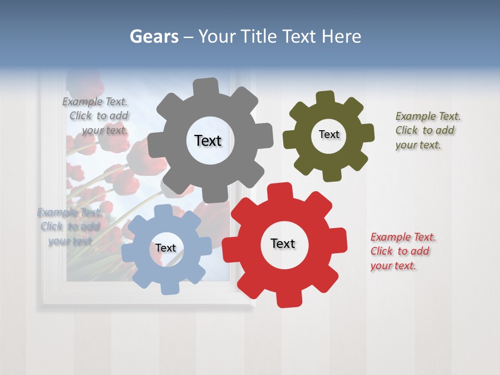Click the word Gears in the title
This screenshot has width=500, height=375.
[154, 36]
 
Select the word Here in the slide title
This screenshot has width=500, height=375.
[341, 36]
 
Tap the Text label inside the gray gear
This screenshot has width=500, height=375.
[208, 141]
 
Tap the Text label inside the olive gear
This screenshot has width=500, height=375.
[329, 134]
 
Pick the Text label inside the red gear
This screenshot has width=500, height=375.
[283, 243]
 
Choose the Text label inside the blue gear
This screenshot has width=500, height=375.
[166, 248]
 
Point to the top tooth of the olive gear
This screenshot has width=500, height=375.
[325, 98]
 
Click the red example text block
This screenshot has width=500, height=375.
[403, 251]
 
